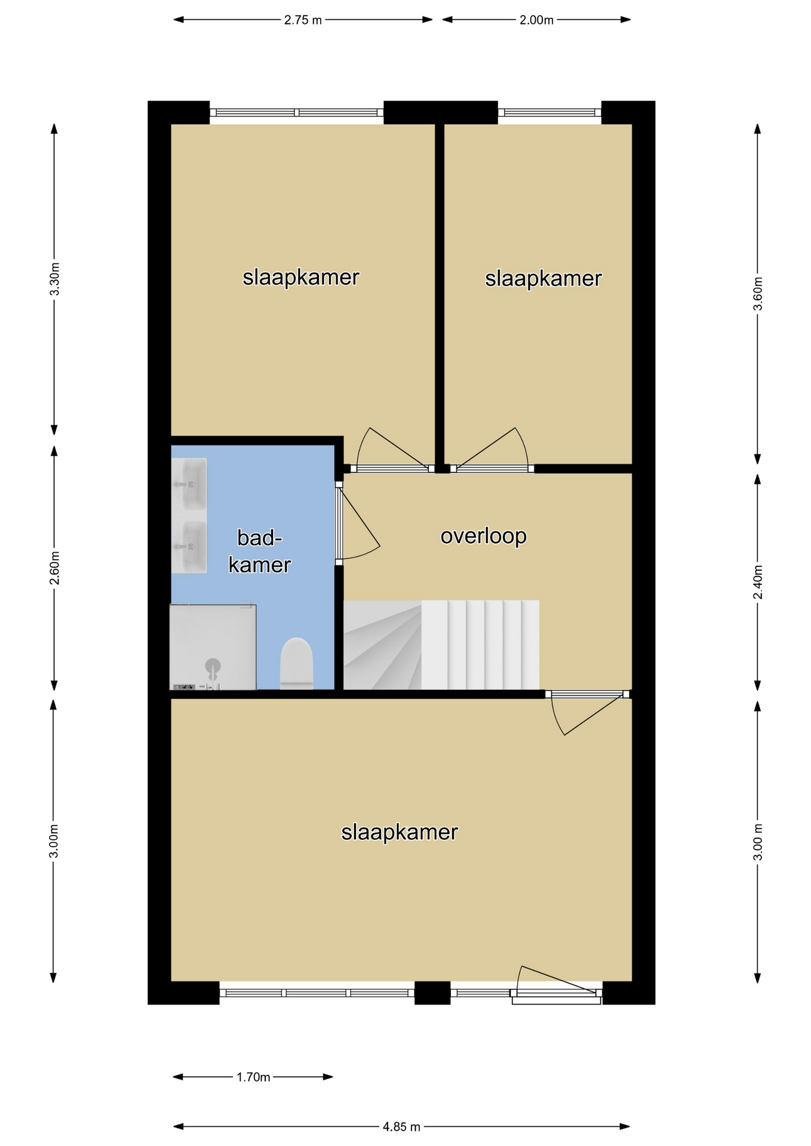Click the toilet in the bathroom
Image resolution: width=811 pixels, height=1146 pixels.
tap(296, 663)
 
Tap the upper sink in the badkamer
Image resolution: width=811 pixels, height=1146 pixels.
tap(189, 483)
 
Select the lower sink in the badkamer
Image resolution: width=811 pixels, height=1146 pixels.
tap(189, 547)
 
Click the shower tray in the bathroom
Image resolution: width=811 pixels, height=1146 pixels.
tap(213, 647)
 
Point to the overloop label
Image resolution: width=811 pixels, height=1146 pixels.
tap(484, 536)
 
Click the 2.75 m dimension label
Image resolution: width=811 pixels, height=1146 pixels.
tap(303, 20)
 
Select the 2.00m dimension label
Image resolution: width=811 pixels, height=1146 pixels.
tap(536, 20)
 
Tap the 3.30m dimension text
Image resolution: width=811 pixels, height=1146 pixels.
tap(54, 279)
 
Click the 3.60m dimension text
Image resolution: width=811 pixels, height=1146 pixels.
tap(758, 294)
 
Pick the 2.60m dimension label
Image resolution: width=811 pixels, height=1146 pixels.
tap(54, 566)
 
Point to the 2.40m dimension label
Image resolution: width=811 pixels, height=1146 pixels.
tap(758, 582)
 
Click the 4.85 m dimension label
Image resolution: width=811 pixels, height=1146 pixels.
tap(401, 1126)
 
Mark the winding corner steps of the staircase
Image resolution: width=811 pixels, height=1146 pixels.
tap(382, 645)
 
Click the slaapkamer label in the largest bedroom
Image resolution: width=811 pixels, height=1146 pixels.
tap(400, 832)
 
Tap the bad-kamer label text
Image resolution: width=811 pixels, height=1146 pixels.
tap(260, 552)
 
